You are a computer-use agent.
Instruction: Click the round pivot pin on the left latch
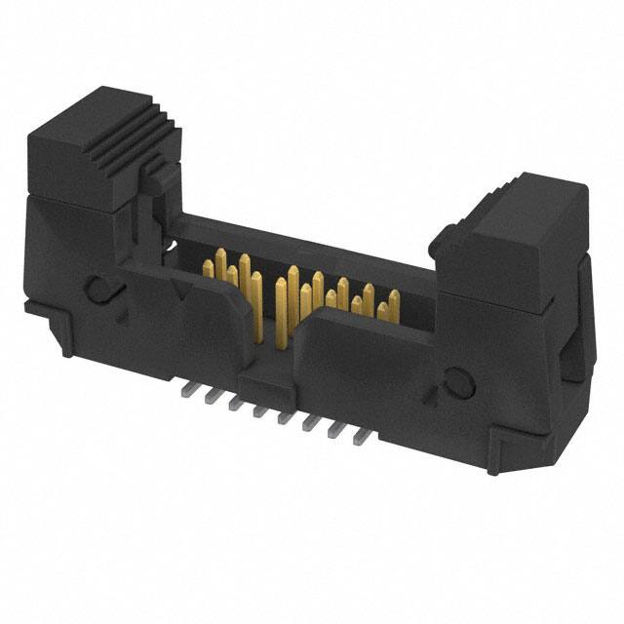(98, 289)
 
